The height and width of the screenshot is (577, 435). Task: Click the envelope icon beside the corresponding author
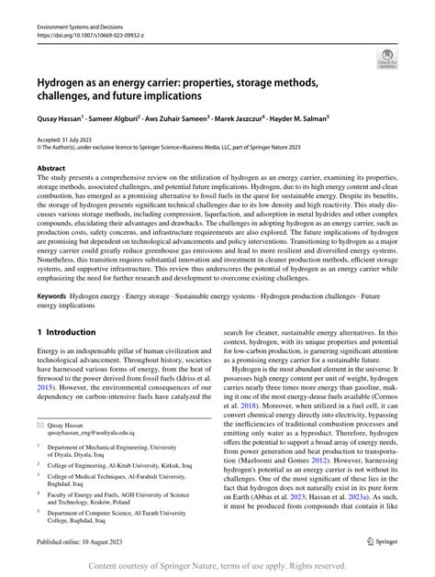pyautogui.click(x=40, y=427)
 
